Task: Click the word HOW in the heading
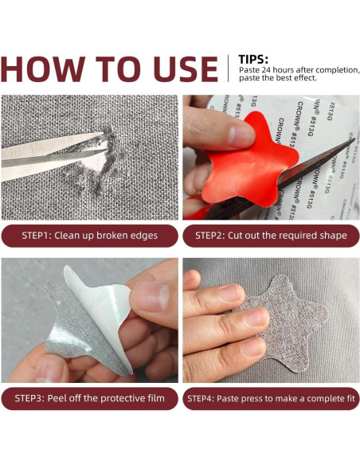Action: coord(43,68)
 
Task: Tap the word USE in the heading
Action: coord(186,68)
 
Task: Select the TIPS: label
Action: coord(253,60)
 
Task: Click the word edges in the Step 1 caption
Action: coord(144,236)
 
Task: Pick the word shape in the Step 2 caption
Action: coord(333,236)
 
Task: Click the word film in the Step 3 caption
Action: coord(157,397)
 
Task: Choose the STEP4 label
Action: coord(200,398)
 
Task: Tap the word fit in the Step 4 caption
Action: coord(350,398)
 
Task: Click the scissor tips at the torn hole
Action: coord(102,144)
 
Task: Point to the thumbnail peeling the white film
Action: coord(151,296)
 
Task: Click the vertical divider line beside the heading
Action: coord(228,68)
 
